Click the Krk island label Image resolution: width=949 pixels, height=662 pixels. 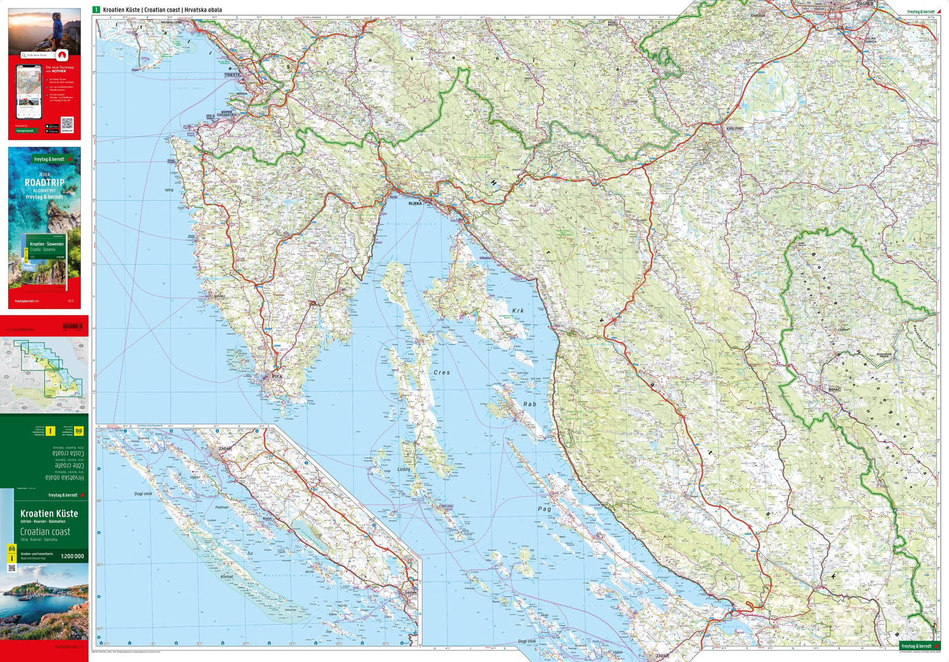tap(518, 311)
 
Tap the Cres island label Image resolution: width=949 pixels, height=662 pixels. tap(442, 372)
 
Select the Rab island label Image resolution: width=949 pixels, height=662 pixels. tap(530, 404)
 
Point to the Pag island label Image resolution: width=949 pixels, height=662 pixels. tap(544, 509)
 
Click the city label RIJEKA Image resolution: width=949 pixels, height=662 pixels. tap(415, 204)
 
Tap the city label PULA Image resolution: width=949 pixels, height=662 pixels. tap(277, 376)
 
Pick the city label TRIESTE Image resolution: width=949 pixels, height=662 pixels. tap(232, 75)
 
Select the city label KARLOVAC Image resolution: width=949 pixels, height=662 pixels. tap(734, 128)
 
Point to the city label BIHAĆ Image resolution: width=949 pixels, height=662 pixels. tap(835, 389)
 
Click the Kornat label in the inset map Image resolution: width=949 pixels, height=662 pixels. tap(226, 577)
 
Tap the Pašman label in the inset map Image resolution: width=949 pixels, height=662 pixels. tap(221, 507)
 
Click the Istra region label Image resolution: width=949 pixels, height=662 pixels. tap(169, 190)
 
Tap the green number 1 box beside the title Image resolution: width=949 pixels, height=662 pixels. tap(96, 9)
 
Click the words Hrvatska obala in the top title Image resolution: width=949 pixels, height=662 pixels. tap(203, 10)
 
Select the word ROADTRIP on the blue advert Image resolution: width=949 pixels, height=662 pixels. tap(44, 182)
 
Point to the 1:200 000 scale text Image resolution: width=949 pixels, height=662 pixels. tap(72, 556)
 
